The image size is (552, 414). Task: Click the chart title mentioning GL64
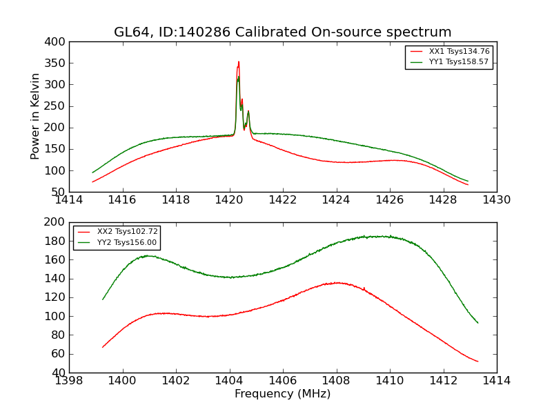pyautogui.click(x=283, y=32)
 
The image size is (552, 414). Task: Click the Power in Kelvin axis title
pyautogui.click(x=35, y=117)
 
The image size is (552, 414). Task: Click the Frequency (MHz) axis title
pyautogui.click(x=283, y=394)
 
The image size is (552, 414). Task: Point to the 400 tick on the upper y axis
pyautogui.click(x=57, y=42)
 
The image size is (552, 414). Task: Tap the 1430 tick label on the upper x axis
pyautogui.click(x=496, y=200)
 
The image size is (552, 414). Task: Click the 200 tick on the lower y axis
pyautogui.click(x=57, y=223)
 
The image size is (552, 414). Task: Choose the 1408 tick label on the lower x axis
pyautogui.click(x=336, y=381)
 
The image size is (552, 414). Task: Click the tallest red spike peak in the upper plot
pyautogui.click(x=239, y=62)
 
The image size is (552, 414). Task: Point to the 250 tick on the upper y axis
pyautogui.click(x=57, y=106)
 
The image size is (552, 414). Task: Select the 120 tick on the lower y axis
pyautogui.click(x=57, y=297)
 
